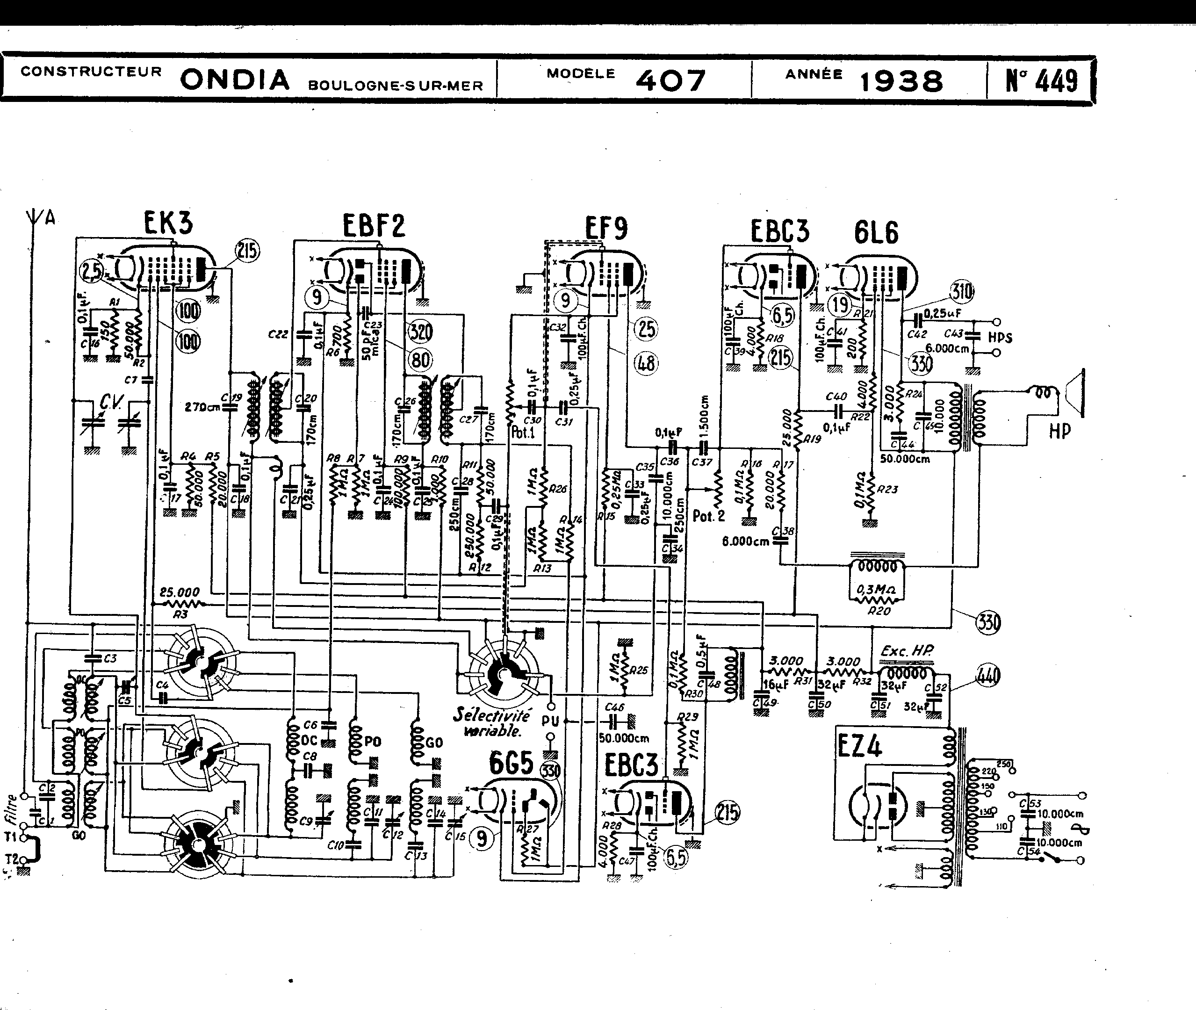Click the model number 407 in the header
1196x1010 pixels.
(x=670, y=81)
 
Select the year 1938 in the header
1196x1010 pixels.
(x=901, y=81)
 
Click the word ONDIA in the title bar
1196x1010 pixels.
(x=235, y=79)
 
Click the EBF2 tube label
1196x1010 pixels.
(x=374, y=225)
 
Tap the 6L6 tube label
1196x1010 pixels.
(x=877, y=232)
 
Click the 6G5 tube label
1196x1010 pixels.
(x=511, y=763)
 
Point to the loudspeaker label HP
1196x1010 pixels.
(x=1059, y=431)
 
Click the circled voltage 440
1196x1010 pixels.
(x=989, y=676)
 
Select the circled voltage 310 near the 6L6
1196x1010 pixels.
(x=961, y=292)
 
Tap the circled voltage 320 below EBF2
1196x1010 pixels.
(x=420, y=331)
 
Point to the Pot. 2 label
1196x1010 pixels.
(x=708, y=516)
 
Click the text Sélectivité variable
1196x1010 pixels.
(x=491, y=722)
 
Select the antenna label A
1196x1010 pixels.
(x=50, y=217)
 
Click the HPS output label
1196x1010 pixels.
(x=1000, y=337)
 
